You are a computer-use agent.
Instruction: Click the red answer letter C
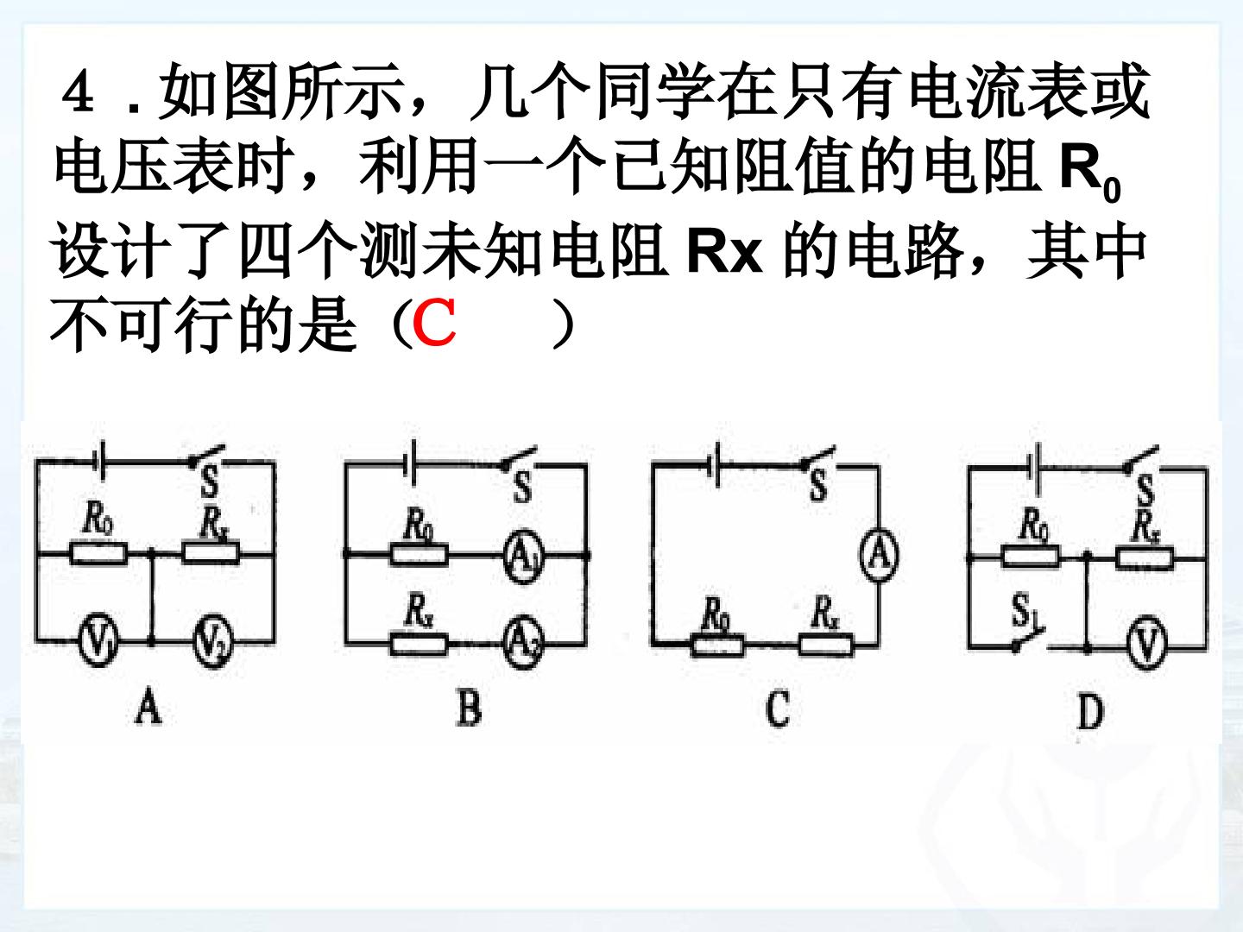tap(434, 323)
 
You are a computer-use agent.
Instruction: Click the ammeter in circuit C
tap(879, 555)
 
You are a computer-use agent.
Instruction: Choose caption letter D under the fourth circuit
tap(1090, 713)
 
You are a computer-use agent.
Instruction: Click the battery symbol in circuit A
tap(100, 462)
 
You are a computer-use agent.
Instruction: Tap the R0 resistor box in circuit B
tap(419, 555)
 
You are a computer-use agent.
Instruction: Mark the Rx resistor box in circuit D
tap(1145, 558)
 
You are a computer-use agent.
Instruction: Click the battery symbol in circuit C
tap(715, 465)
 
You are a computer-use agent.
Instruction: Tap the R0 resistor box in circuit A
tap(98, 553)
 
